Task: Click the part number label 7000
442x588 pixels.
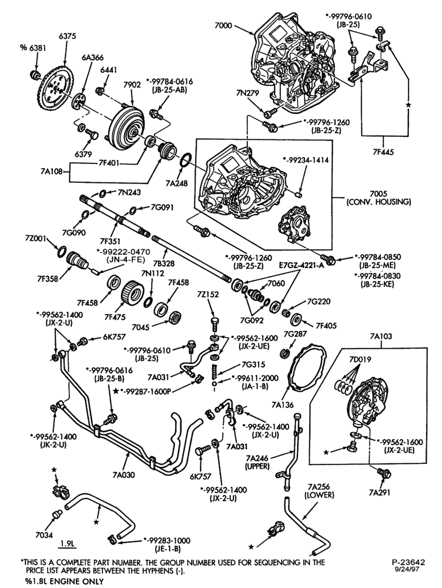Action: pyautogui.click(x=223, y=26)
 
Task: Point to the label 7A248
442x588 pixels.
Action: pyautogui.click(x=178, y=183)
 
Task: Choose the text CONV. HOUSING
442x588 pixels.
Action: pyautogui.click(x=379, y=202)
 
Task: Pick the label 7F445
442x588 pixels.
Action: pyautogui.click(x=383, y=152)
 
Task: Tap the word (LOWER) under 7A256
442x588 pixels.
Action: pyautogui.click(x=319, y=495)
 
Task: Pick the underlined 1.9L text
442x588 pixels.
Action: pyautogui.click(x=69, y=543)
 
